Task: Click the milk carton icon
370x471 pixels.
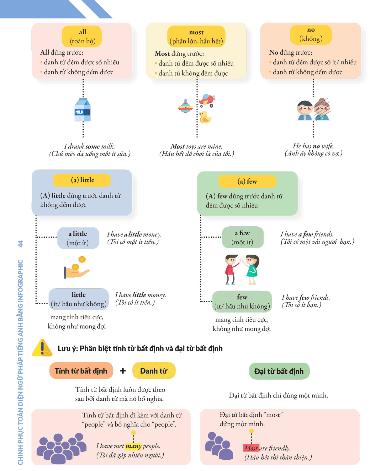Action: point(82,110)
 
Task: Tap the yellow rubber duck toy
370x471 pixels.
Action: point(205,117)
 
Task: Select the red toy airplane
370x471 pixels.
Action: point(207,100)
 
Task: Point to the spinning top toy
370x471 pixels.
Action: point(185,106)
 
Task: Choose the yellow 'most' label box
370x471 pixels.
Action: point(196,36)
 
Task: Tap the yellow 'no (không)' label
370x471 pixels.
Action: point(311,35)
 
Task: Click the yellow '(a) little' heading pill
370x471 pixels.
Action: point(82,180)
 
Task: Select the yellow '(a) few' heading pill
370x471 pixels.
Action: point(247,181)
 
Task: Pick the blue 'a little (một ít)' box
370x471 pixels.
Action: point(78,238)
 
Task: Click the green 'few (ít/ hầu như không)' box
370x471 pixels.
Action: point(242,301)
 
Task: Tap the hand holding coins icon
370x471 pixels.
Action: point(76,268)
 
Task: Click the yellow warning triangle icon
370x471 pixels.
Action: point(42,348)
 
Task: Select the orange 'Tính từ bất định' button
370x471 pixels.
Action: point(81,371)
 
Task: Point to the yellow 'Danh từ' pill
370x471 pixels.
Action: point(154,371)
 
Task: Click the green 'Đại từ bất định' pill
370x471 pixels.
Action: point(279,371)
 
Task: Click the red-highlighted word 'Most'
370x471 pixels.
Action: point(251,448)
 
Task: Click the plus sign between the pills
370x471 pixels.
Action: point(123,371)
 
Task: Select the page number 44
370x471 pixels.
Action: point(20,244)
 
